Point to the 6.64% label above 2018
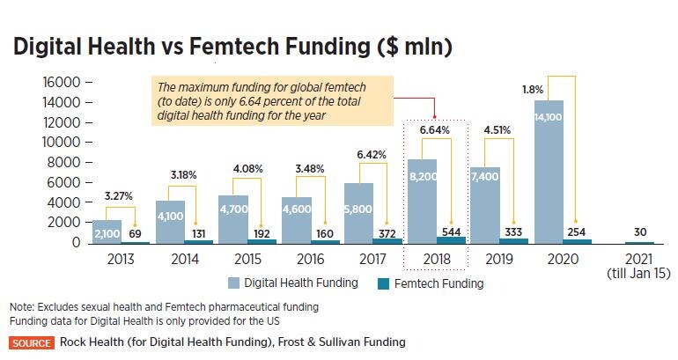click(434, 130)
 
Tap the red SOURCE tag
click(33, 342)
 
